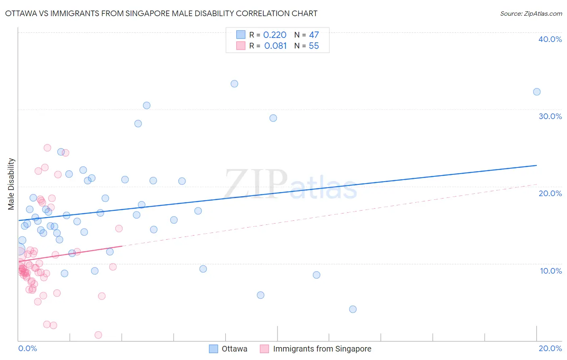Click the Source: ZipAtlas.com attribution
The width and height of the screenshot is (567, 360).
[531, 13]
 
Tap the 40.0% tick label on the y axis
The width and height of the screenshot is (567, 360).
[550, 39]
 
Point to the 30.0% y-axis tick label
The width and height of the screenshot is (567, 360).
[550, 116]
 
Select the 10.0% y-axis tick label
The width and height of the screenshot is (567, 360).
[550, 271]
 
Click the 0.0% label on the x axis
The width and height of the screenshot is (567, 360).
[27, 348]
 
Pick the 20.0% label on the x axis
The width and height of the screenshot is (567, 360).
[550, 348]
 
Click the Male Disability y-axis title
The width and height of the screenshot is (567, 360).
[11, 184]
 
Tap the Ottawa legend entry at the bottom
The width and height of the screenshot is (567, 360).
[234, 349]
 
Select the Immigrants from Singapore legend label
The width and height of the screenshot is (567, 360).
[322, 349]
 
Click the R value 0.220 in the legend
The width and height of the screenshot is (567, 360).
[275, 35]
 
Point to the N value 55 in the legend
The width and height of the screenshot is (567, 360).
[314, 46]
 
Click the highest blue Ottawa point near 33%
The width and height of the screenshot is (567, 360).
[234, 84]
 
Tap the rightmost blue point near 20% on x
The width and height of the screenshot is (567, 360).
[537, 92]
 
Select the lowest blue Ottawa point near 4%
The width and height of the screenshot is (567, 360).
[353, 309]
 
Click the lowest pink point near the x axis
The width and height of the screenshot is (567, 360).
[98, 335]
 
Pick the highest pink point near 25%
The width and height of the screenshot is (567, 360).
[47, 148]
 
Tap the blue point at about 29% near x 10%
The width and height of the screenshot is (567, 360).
[273, 118]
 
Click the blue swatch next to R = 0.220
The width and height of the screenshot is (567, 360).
[241, 35]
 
